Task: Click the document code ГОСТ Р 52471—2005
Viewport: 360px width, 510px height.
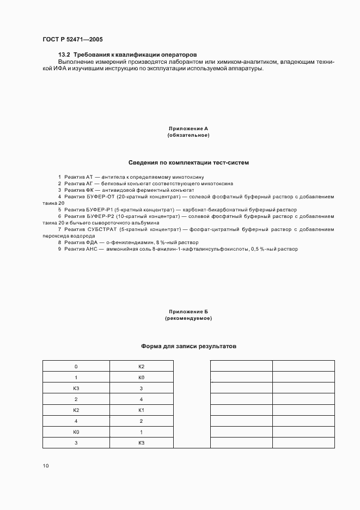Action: [x=72, y=40]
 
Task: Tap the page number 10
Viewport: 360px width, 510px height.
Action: [x=45, y=466]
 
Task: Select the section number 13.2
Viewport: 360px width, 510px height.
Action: [x=64, y=55]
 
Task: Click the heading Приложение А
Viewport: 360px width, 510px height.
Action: [x=188, y=129]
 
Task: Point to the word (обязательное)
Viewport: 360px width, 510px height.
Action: [x=188, y=135]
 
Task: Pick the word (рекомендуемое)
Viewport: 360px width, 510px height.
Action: [x=188, y=318]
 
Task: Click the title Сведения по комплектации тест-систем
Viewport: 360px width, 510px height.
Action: [x=188, y=162]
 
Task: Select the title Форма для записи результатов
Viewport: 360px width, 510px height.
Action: [x=188, y=346]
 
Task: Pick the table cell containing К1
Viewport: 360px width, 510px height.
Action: [x=141, y=410]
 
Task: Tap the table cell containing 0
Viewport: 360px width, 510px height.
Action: [x=76, y=366]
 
